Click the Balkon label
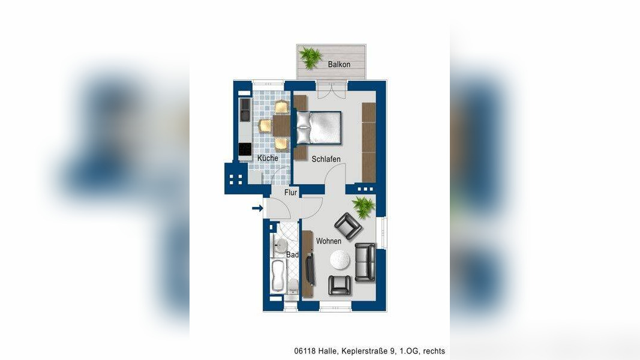pos(339,64)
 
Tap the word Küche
pos(268,158)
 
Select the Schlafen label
pos(326,159)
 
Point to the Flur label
pos(291,192)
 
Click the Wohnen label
pos(329,241)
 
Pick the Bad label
pos(292,254)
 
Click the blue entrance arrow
pos(257,208)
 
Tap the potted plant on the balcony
pos(310,58)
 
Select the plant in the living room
pos(363,206)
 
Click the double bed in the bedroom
pos(319,128)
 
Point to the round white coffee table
pos(340,260)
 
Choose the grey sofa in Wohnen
pos(365,262)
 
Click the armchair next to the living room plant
pos(348,226)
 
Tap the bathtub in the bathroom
pos(278,277)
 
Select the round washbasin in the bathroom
pos(280,246)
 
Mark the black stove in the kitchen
pos(245,149)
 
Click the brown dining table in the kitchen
pos(281,126)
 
